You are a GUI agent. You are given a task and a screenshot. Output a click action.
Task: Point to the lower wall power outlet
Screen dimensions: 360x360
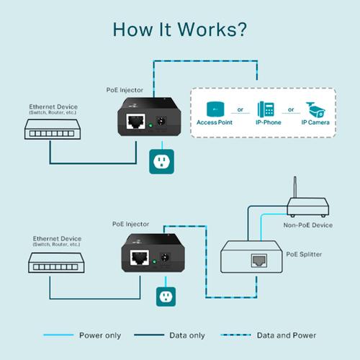(166, 297)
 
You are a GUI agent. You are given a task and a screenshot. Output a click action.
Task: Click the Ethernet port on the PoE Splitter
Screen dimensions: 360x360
(255, 260)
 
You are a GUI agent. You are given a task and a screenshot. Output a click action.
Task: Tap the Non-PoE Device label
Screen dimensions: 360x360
(307, 225)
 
